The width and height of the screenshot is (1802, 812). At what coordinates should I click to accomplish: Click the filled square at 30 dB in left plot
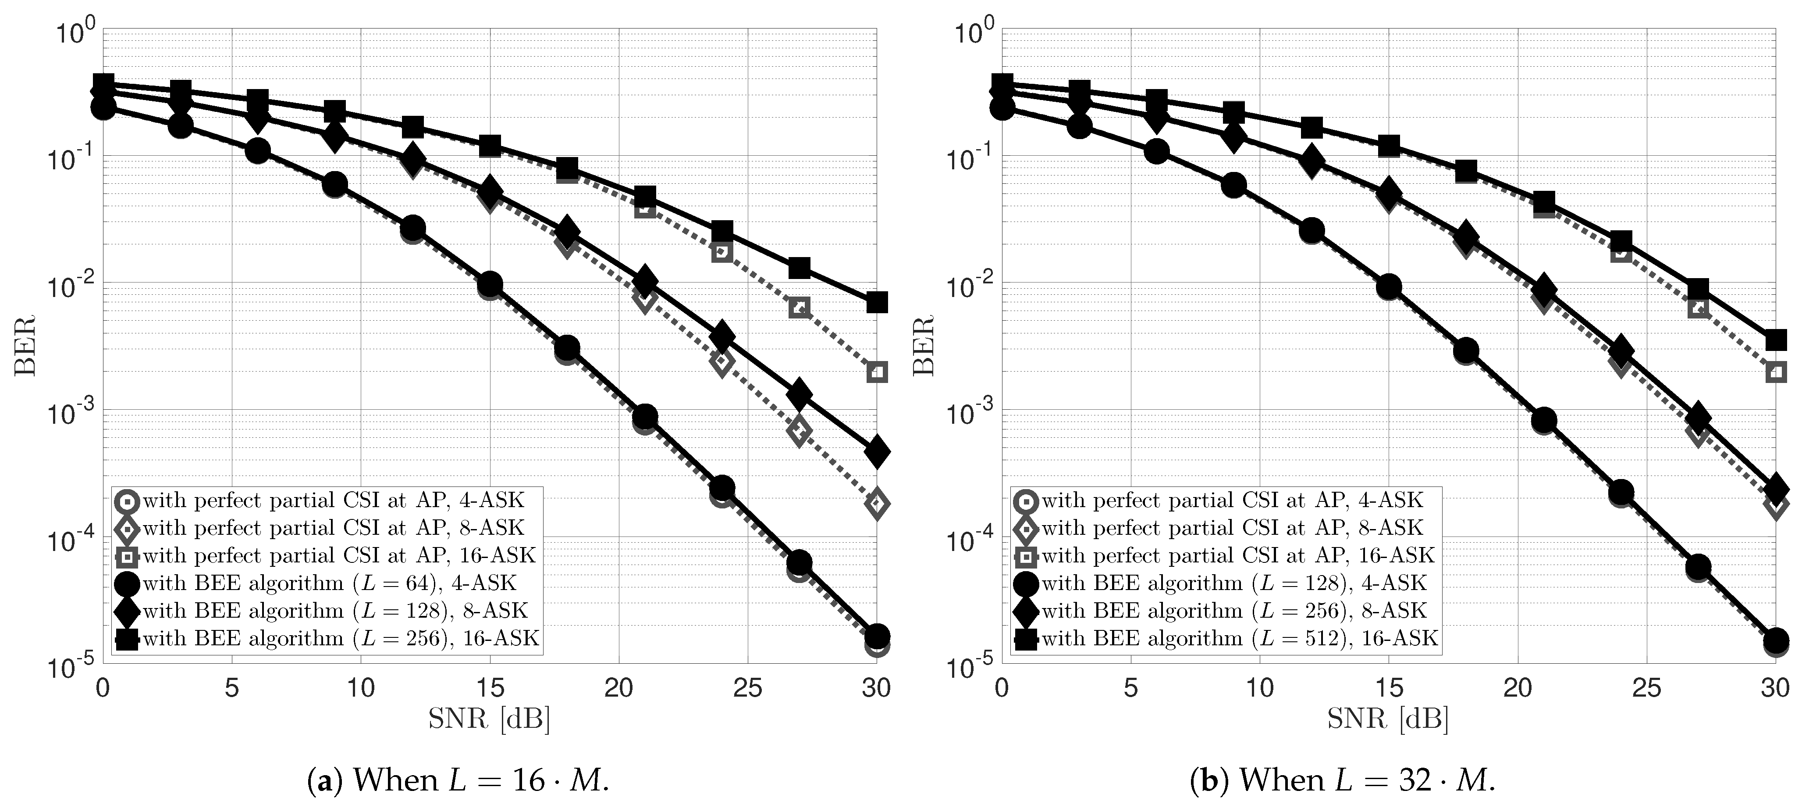[x=877, y=302]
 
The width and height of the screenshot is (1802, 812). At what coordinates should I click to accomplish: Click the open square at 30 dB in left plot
[x=877, y=372]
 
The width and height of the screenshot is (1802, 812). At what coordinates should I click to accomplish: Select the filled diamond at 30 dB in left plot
[x=877, y=451]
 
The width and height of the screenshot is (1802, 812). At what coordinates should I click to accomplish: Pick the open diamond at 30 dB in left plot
[x=877, y=503]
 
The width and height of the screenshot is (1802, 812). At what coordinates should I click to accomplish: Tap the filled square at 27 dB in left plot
[x=799, y=268]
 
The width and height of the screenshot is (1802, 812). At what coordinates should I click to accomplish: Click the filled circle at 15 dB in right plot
[x=1389, y=287]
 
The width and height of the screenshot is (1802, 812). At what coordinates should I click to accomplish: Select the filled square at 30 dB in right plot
[x=1775, y=341]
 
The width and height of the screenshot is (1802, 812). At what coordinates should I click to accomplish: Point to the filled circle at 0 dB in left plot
[x=103, y=108]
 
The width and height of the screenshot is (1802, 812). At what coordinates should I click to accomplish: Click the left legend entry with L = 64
[x=329, y=583]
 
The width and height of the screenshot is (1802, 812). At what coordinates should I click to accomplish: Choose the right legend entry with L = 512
[x=1238, y=638]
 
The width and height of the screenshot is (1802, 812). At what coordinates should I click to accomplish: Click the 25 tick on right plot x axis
[x=1646, y=689]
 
